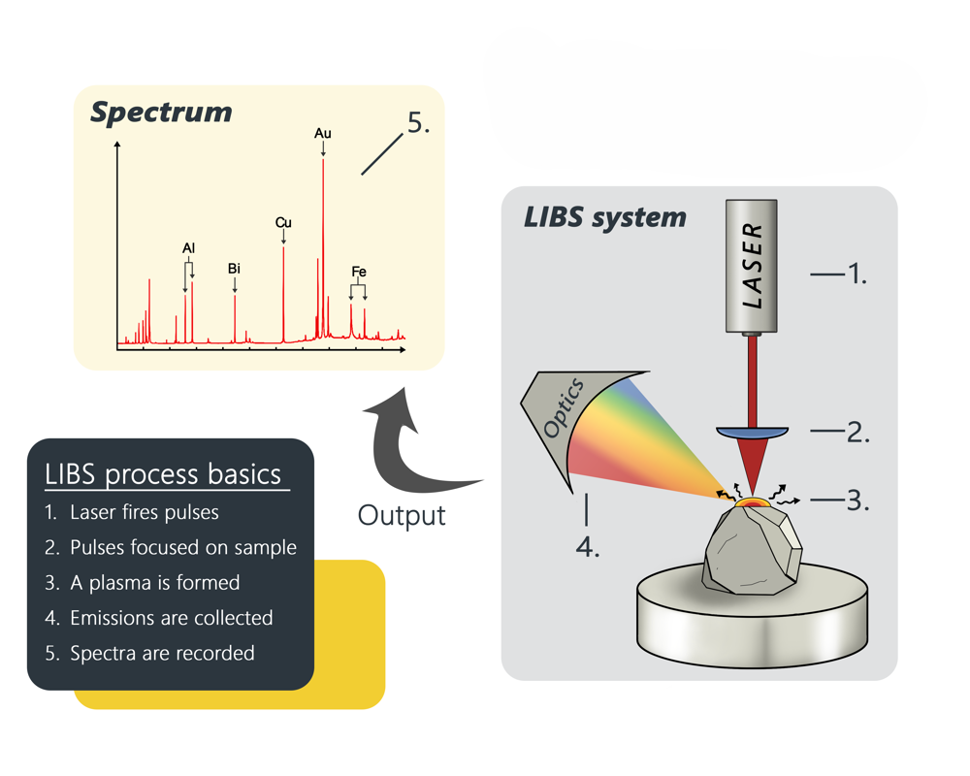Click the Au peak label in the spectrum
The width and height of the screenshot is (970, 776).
[x=323, y=133]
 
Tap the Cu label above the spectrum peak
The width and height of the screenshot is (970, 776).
[x=283, y=223]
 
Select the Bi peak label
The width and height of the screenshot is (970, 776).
[x=234, y=269]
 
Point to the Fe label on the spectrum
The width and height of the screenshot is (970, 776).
[x=359, y=273]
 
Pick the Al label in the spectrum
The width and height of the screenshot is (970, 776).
[x=188, y=249]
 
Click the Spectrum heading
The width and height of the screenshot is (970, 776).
[x=161, y=112]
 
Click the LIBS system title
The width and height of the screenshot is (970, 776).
[x=604, y=216]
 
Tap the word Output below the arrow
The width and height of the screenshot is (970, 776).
[x=402, y=514]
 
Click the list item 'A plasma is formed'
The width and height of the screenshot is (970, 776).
[x=154, y=583]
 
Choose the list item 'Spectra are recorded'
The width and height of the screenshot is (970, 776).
[x=162, y=653]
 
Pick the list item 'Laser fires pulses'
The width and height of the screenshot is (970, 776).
[x=145, y=512]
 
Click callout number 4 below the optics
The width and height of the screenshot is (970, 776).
[x=588, y=546]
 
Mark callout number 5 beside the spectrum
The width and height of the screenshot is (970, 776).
[x=418, y=123]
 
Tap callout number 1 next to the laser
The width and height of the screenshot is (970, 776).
[x=855, y=275]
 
